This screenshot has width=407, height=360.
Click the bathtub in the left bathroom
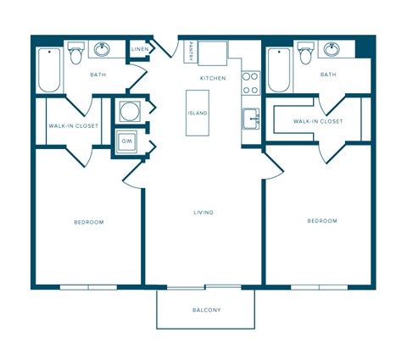[x=48, y=69]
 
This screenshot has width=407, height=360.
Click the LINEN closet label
[x=140, y=50]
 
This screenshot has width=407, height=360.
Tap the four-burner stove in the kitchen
[x=251, y=81]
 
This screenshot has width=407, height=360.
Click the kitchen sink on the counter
[x=251, y=117]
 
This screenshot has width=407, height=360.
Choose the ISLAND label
[x=198, y=113]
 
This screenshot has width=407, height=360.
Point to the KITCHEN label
[x=212, y=78]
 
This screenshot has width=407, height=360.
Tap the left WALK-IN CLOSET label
[x=73, y=125]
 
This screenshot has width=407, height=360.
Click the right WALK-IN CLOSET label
[x=318, y=121]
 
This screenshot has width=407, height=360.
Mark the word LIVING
[x=203, y=212]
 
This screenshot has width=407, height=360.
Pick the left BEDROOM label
[x=88, y=222]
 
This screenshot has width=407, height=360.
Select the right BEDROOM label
[x=321, y=220]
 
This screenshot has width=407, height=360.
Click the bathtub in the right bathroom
[x=279, y=69]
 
